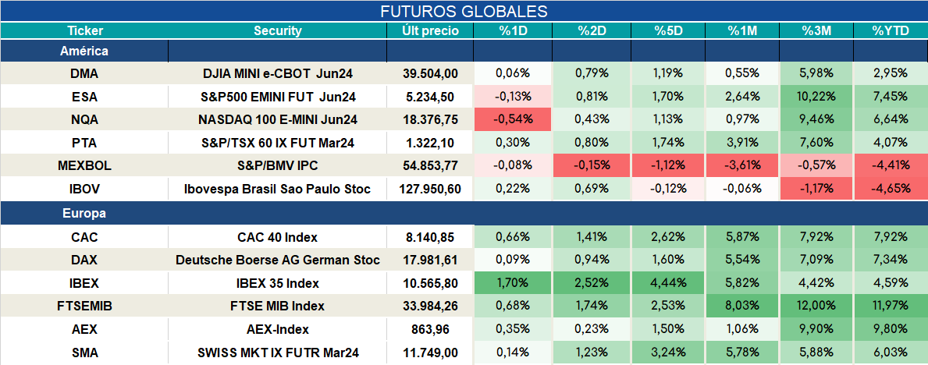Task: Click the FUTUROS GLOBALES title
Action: [x=464, y=11]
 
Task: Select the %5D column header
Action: [x=667, y=31]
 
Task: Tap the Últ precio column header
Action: [x=430, y=31]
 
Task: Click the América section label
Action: [x=84, y=51]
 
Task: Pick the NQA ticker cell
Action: [x=84, y=119]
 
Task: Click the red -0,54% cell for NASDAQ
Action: [x=513, y=119]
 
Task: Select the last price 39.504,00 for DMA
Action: [x=430, y=73]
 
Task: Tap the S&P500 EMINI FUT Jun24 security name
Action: [x=278, y=97]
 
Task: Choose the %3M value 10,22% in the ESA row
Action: [x=816, y=97]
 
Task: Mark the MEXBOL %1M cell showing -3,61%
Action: [x=741, y=166]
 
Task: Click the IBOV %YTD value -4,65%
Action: [x=890, y=190]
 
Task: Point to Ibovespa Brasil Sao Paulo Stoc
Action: [x=278, y=190]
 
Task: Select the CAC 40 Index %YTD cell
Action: [x=890, y=237]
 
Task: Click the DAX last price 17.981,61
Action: [x=430, y=260]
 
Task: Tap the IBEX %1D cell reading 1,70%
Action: [x=513, y=283]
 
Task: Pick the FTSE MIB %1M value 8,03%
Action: [x=741, y=307]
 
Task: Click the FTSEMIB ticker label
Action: [x=84, y=307]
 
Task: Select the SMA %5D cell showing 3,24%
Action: [x=667, y=353]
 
